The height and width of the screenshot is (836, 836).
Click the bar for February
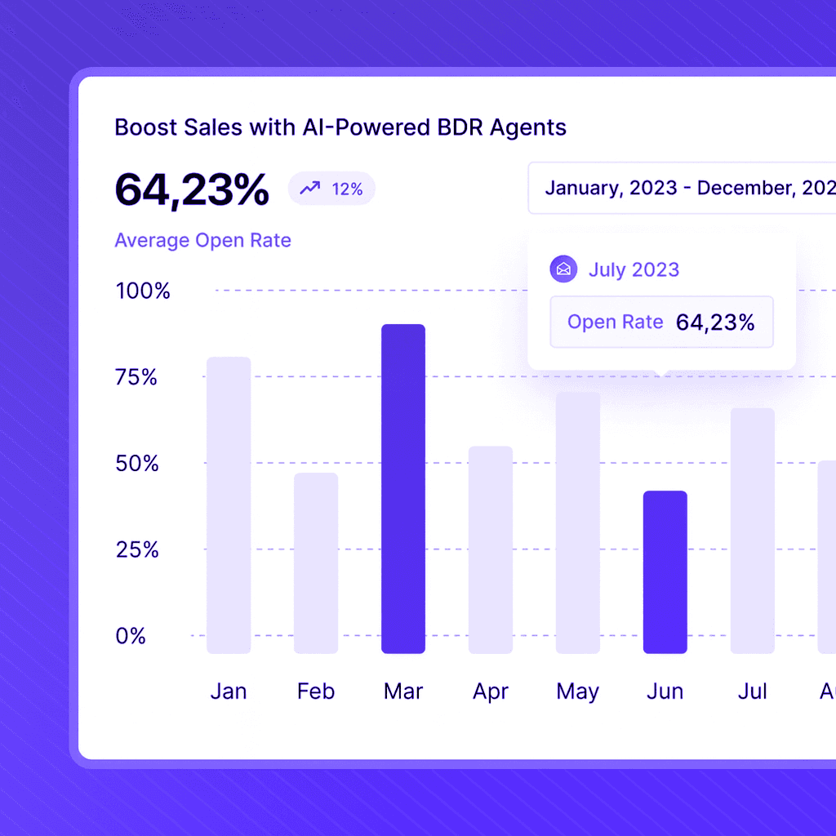(x=316, y=563)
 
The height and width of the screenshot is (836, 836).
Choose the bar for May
(x=578, y=522)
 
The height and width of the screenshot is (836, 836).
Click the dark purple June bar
(x=665, y=571)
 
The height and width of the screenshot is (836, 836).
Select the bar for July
(x=753, y=531)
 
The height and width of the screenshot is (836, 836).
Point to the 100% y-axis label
(x=143, y=291)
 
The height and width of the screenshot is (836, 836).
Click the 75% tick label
(x=136, y=377)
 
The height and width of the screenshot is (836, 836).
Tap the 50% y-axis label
(x=136, y=464)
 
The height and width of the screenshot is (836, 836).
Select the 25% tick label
(x=136, y=549)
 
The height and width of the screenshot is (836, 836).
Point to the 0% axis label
(x=131, y=636)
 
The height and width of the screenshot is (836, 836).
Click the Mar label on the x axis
(x=403, y=692)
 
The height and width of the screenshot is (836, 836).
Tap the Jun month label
(x=665, y=692)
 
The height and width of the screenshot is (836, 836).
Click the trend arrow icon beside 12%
(x=310, y=189)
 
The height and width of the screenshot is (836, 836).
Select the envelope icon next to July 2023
(x=563, y=269)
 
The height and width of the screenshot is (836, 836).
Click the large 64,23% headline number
(x=192, y=189)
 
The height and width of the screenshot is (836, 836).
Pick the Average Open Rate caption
(x=202, y=241)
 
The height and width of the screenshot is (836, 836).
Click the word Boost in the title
(x=140, y=128)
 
